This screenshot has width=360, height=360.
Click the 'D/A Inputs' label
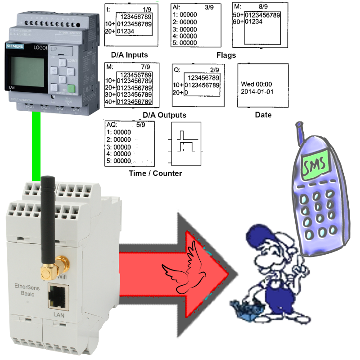[x=129, y=55]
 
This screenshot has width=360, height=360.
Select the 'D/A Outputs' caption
[x=161, y=115]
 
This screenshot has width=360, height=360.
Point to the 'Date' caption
[x=263, y=115]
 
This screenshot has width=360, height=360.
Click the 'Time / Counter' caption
[x=155, y=173]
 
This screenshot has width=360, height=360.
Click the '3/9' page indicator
[x=209, y=8]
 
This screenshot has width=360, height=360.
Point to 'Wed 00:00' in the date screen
[x=256, y=84]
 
